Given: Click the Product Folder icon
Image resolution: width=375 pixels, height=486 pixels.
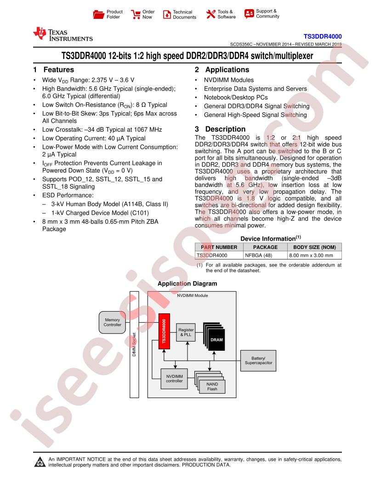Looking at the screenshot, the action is [x=98, y=14].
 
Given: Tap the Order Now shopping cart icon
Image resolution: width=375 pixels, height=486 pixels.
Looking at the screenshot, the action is [x=136, y=14].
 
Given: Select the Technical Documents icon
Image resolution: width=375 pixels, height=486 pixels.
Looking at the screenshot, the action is [x=167, y=14].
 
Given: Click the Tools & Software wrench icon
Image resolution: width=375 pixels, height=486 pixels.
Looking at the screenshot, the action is [x=210, y=14].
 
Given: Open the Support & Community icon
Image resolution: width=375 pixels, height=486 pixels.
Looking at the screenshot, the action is [x=249, y=14].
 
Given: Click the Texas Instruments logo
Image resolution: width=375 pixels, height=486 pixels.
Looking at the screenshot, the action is [x=63, y=35].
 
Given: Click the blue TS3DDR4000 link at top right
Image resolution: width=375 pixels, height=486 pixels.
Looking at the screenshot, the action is [x=323, y=36].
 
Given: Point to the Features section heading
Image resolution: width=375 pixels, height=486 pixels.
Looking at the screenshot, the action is [x=54, y=70].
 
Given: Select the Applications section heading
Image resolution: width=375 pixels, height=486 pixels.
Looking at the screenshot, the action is [x=222, y=70].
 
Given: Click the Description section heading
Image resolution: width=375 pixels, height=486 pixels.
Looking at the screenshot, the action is [x=220, y=129].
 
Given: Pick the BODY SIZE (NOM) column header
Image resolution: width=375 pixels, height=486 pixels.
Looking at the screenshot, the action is [x=314, y=247].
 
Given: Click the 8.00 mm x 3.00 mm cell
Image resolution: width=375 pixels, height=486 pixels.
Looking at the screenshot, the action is [x=314, y=255].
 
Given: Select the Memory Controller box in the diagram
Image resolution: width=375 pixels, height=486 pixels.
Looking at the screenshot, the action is [x=112, y=322].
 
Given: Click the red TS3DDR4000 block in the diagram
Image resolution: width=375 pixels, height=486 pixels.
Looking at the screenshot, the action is [x=164, y=331].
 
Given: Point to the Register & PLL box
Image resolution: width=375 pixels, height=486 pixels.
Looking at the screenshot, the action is [x=186, y=332].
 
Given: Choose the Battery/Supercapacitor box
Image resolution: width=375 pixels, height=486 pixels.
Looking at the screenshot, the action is [x=258, y=360].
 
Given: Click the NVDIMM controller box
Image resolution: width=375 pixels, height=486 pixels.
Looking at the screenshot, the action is [x=174, y=378].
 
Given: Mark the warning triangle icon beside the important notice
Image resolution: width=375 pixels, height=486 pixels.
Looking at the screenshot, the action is [x=40, y=462].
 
